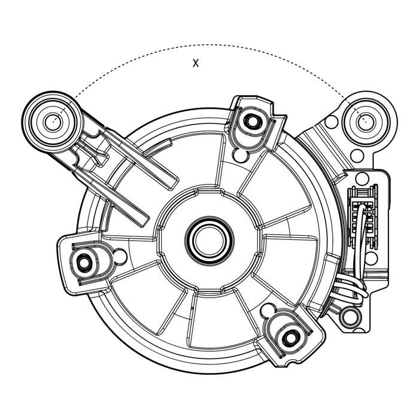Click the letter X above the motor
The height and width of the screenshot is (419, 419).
[x=196, y=63]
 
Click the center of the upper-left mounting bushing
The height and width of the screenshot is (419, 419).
[x=53, y=122]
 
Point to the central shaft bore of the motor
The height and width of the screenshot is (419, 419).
[x=209, y=240]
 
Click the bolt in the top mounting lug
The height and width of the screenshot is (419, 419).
[x=252, y=122]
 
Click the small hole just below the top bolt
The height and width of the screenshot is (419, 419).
[x=241, y=155]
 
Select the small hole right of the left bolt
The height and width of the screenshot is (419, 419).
[x=120, y=256]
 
